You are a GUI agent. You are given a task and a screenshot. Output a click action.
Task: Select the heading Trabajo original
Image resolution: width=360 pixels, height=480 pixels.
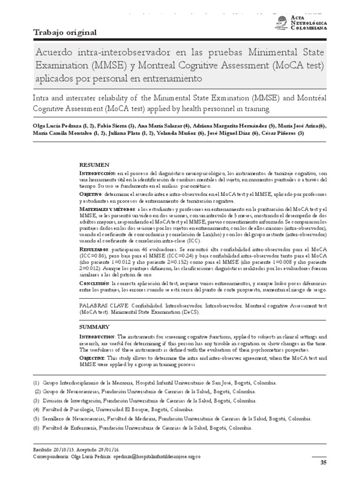point(65,33)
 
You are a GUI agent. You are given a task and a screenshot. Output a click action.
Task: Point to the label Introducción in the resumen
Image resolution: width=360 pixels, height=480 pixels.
point(97,173)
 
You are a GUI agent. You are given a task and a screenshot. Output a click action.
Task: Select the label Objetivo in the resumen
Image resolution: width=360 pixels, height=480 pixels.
point(90,194)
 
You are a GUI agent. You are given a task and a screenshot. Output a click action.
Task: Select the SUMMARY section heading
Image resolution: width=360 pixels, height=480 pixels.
point(94,327)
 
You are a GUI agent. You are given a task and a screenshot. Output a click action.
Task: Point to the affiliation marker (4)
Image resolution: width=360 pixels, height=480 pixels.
point(37,409)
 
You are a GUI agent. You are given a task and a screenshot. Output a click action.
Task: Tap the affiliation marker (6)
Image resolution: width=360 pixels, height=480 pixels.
point(37,427)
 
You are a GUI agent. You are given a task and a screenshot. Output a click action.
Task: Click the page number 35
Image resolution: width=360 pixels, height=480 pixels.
point(322,463)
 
